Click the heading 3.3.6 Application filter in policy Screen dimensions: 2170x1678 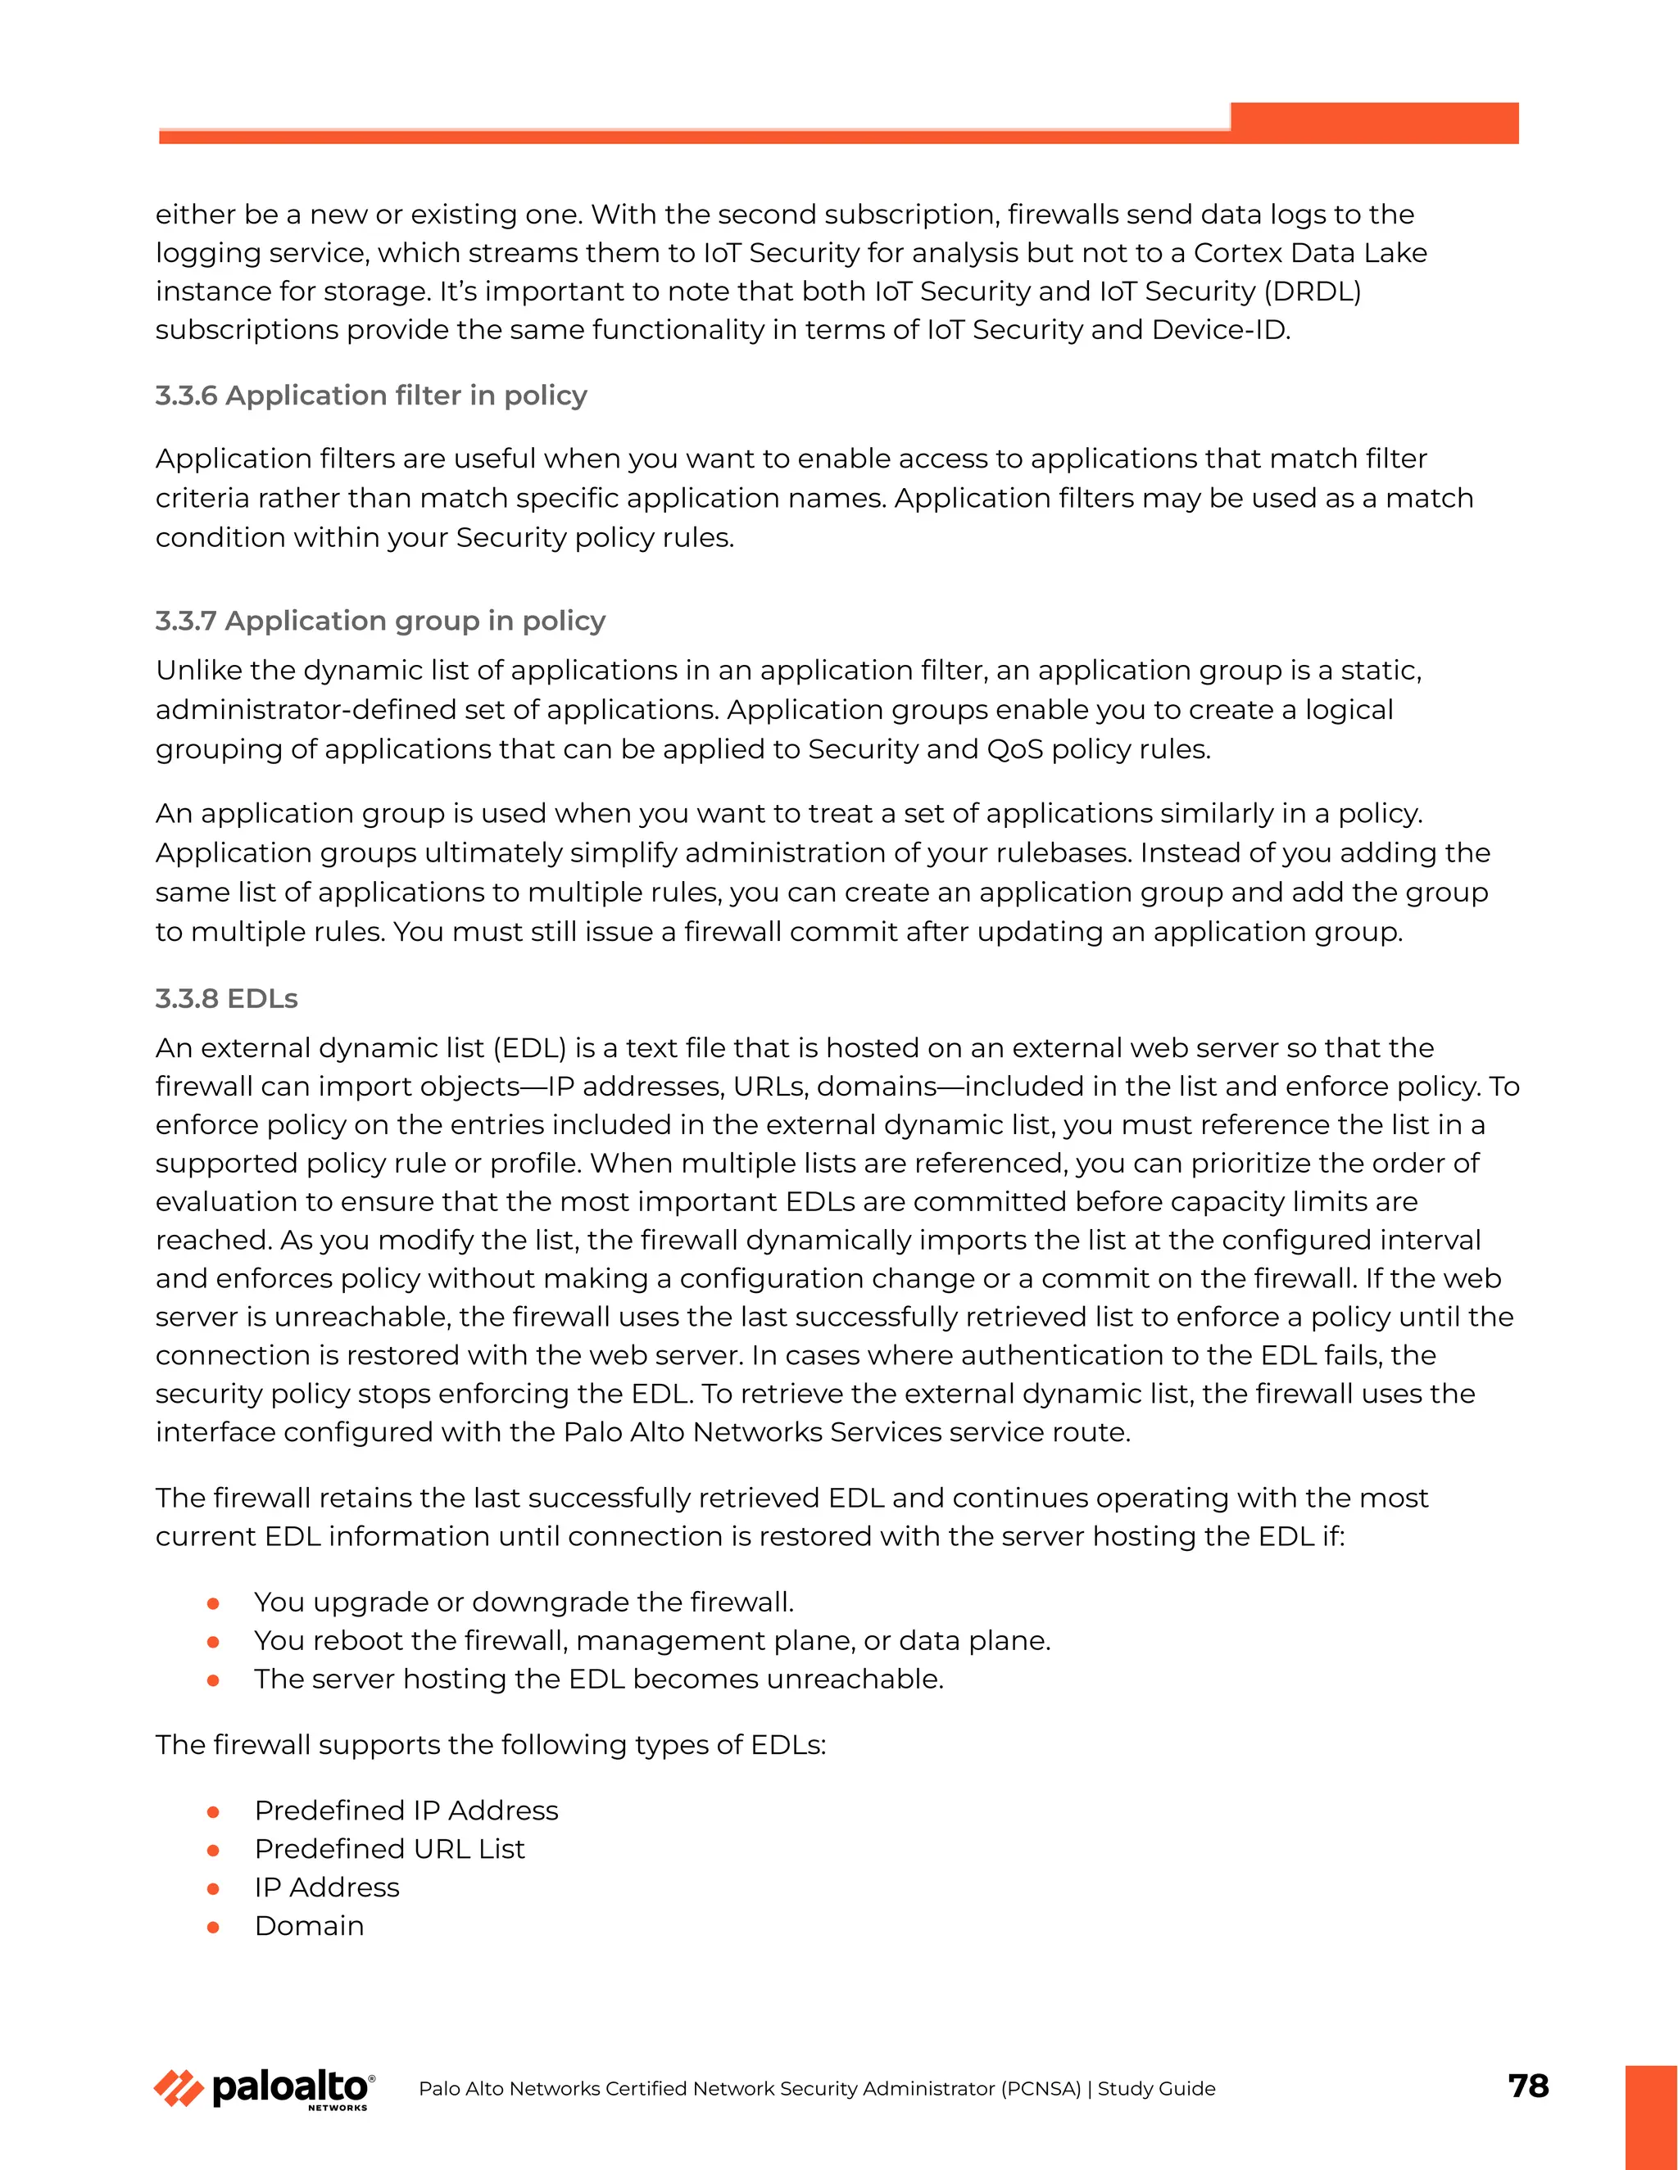pyautogui.click(x=371, y=396)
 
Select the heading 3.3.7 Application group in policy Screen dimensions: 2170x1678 pyautogui.click(x=379, y=621)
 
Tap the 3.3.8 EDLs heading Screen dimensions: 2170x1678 pyautogui.click(x=227, y=998)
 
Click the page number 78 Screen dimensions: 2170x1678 pyautogui.click(x=1528, y=2086)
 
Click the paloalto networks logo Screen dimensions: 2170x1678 pyautogui.click(x=265, y=2089)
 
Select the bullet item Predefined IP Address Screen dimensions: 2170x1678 pyautogui.click(x=406, y=1811)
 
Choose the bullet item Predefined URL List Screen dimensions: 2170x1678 pyautogui.click(x=388, y=1849)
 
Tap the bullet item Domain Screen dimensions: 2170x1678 pyautogui.click(x=309, y=1926)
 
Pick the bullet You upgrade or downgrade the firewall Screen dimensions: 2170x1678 pyautogui.click(x=523, y=1602)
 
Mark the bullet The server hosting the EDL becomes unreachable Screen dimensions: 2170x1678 pyautogui.click(x=597, y=1679)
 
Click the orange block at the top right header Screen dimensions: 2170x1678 pyautogui.click(x=1374, y=123)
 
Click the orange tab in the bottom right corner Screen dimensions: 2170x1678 pyautogui.click(x=1651, y=2116)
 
